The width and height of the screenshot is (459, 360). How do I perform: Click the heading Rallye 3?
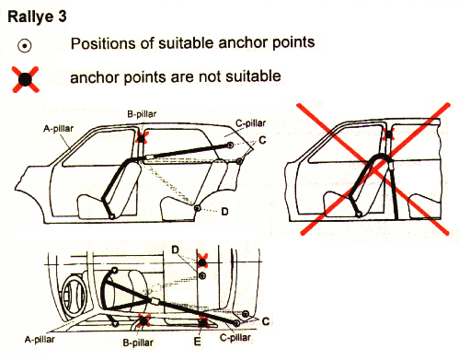pos(37,17)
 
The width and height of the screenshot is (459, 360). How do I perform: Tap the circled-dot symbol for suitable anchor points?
pos(24,46)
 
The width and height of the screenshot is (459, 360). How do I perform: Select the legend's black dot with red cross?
pos(26,79)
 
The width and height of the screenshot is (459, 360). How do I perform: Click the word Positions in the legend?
pos(103,43)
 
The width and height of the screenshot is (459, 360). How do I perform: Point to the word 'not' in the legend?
pos(211,76)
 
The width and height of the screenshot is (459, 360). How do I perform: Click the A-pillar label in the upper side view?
pos(58,128)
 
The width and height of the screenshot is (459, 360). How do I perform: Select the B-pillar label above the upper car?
pos(142,114)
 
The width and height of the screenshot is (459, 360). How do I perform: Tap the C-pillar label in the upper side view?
pos(250,123)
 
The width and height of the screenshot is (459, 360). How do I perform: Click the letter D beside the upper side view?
pos(224,212)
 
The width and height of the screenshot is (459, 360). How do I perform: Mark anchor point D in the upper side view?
pos(197,208)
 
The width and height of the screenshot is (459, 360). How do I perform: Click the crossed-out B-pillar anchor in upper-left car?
pos(142,138)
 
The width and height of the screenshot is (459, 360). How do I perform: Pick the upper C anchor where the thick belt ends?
pos(230,145)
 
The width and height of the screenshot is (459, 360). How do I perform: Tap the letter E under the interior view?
pos(197,342)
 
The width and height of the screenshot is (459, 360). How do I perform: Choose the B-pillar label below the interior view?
pos(138,343)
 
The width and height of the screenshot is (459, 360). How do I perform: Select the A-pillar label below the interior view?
pos(40,340)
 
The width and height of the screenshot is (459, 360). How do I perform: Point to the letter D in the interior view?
pos(175,250)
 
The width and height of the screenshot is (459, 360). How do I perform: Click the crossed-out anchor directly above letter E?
pos(203,322)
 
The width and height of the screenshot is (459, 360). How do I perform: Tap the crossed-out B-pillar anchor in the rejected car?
pos(388,134)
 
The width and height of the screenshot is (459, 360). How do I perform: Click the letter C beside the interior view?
pos(266,321)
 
